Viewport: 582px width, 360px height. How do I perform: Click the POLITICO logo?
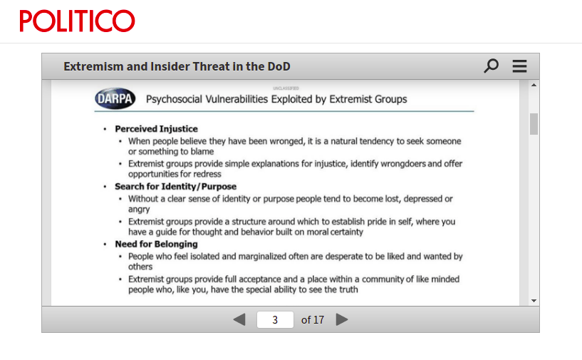point(77,21)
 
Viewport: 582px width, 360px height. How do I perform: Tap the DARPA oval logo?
point(115,98)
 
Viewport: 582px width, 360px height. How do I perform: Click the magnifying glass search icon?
point(491,66)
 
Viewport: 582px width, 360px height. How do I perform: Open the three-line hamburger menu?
point(519,66)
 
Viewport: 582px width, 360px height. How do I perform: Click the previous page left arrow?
point(239,319)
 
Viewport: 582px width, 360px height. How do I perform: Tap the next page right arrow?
point(342,319)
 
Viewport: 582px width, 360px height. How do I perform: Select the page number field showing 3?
point(275,319)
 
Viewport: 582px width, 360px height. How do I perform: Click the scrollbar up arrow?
point(534,85)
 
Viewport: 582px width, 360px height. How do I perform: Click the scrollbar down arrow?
point(534,301)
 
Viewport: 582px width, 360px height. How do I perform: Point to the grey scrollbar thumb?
point(534,124)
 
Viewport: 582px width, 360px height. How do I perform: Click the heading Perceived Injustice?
point(156,129)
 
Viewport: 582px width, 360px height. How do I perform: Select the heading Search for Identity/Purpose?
point(175,187)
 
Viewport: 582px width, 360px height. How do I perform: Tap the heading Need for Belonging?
point(156,244)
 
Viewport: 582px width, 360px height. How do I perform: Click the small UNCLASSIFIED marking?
point(286,88)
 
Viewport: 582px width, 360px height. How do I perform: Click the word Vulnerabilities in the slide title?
point(237,99)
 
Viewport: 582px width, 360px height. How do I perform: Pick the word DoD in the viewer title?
point(279,66)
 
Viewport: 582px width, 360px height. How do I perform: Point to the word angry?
point(139,210)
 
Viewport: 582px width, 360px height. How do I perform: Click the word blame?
point(202,152)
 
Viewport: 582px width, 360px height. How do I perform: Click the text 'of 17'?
point(313,320)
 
